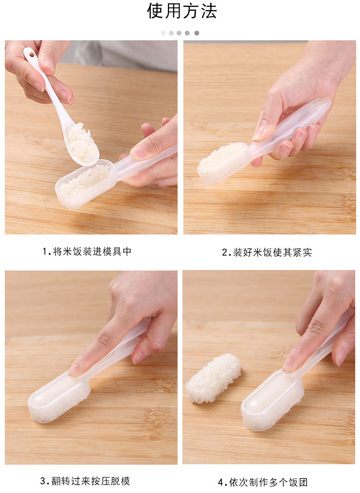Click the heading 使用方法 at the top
pos(182,12)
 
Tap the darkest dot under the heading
pos(197,33)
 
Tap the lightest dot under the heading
pos(163,33)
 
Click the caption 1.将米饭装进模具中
pos(87,251)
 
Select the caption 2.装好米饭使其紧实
pos(267,252)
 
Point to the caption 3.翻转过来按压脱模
pos(85,481)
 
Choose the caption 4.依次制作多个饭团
pos(263,482)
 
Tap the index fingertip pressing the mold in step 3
pos(76,370)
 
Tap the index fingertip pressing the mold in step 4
pos(288,366)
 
